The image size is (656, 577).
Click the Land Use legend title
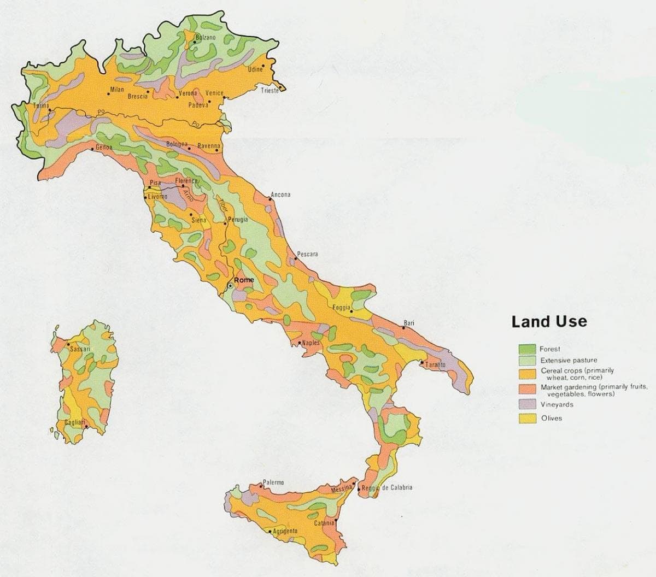pyautogui.click(x=549, y=321)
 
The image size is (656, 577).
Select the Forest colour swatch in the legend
pyautogui.click(x=526, y=349)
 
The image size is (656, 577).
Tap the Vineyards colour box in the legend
pyautogui.click(x=526, y=404)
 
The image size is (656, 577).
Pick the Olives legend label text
pyautogui.click(x=551, y=419)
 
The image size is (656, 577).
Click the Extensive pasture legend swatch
pyautogui.click(x=526, y=361)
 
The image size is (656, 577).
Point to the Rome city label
pyautogui.click(x=244, y=280)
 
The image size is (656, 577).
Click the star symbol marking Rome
pyautogui.click(x=231, y=285)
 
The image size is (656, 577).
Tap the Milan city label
pyautogui.click(x=117, y=90)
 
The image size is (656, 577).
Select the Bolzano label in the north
pyautogui.click(x=206, y=37)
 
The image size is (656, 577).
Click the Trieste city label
pyautogui.click(x=270, y=91)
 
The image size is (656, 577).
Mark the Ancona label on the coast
pyautogui.click(x=280, y=195)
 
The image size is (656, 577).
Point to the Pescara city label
pyautogui.click(x=307, y=255)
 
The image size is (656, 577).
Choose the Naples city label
pyautogui.click(x=311, y=343)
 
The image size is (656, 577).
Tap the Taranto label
pyautogui.click(x=436, y=364)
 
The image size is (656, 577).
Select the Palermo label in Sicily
pyautogui.click(x=273, y=482)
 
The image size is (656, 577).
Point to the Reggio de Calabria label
pyautogui.click(x=389, y=487)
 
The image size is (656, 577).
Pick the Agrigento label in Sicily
pyautogui.click(x=285, y=531)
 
